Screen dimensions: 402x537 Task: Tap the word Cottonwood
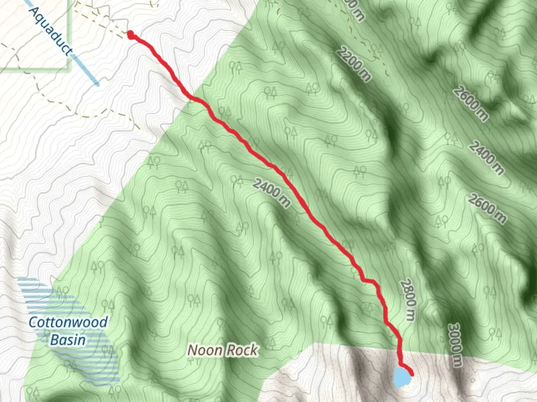pyautogui.click(x=68, y=322)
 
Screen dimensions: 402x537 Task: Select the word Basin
pyautogui.click(x=68, y=340)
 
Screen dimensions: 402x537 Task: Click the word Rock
pyautogui.click(x=242, y=350)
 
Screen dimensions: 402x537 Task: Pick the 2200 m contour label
pyautogui.click(x=354, y=64)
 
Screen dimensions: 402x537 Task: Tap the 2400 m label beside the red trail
pyautogui.click(x=271, y=192)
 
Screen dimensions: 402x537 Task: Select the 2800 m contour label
pyautogui.click(x=408, y=300)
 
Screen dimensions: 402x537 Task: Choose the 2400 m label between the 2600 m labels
pyautogui.click(x=486, y=158)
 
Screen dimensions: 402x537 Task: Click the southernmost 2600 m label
pyautogui.click(x=487, y=209)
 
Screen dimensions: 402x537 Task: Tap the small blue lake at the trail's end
pyautogui.click(x=401, y=377)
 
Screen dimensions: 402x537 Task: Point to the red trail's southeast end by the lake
pyautogui.click(x=412, y=373)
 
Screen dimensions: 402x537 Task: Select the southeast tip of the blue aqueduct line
pyautogui.click(x=97, y=84)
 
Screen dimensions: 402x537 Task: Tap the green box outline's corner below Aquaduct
pyautogui.click(x=69, y=69)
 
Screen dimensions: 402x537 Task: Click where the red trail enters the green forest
pyautogui.click(x=192, y=98)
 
